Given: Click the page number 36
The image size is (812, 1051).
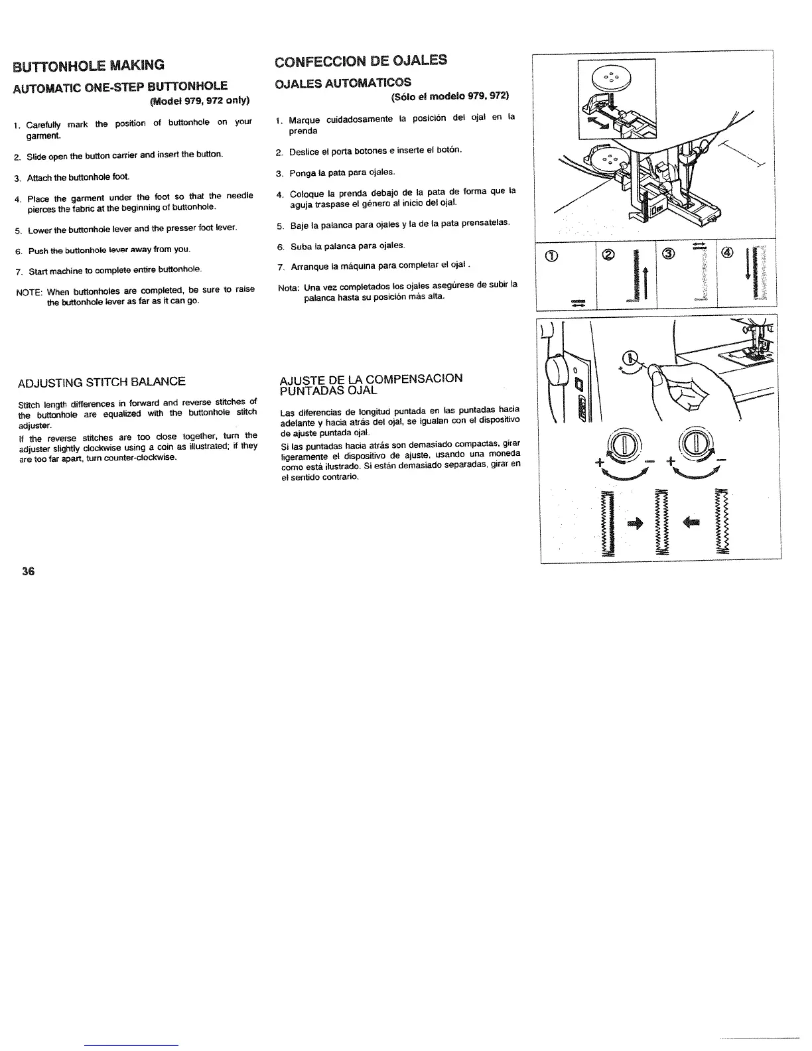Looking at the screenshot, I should tap(28, 572).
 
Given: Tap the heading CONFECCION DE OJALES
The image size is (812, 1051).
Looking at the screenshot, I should tap(361, 60).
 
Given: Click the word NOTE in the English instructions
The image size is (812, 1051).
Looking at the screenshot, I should tap(29, 290).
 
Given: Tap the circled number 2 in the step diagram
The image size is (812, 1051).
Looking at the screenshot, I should tap(609, 254).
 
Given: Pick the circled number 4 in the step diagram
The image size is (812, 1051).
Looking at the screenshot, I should tap(728, 254).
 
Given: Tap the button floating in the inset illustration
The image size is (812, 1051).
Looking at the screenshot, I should tap(616, 75).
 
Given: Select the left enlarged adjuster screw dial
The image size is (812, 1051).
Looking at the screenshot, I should tap(623, 443).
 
